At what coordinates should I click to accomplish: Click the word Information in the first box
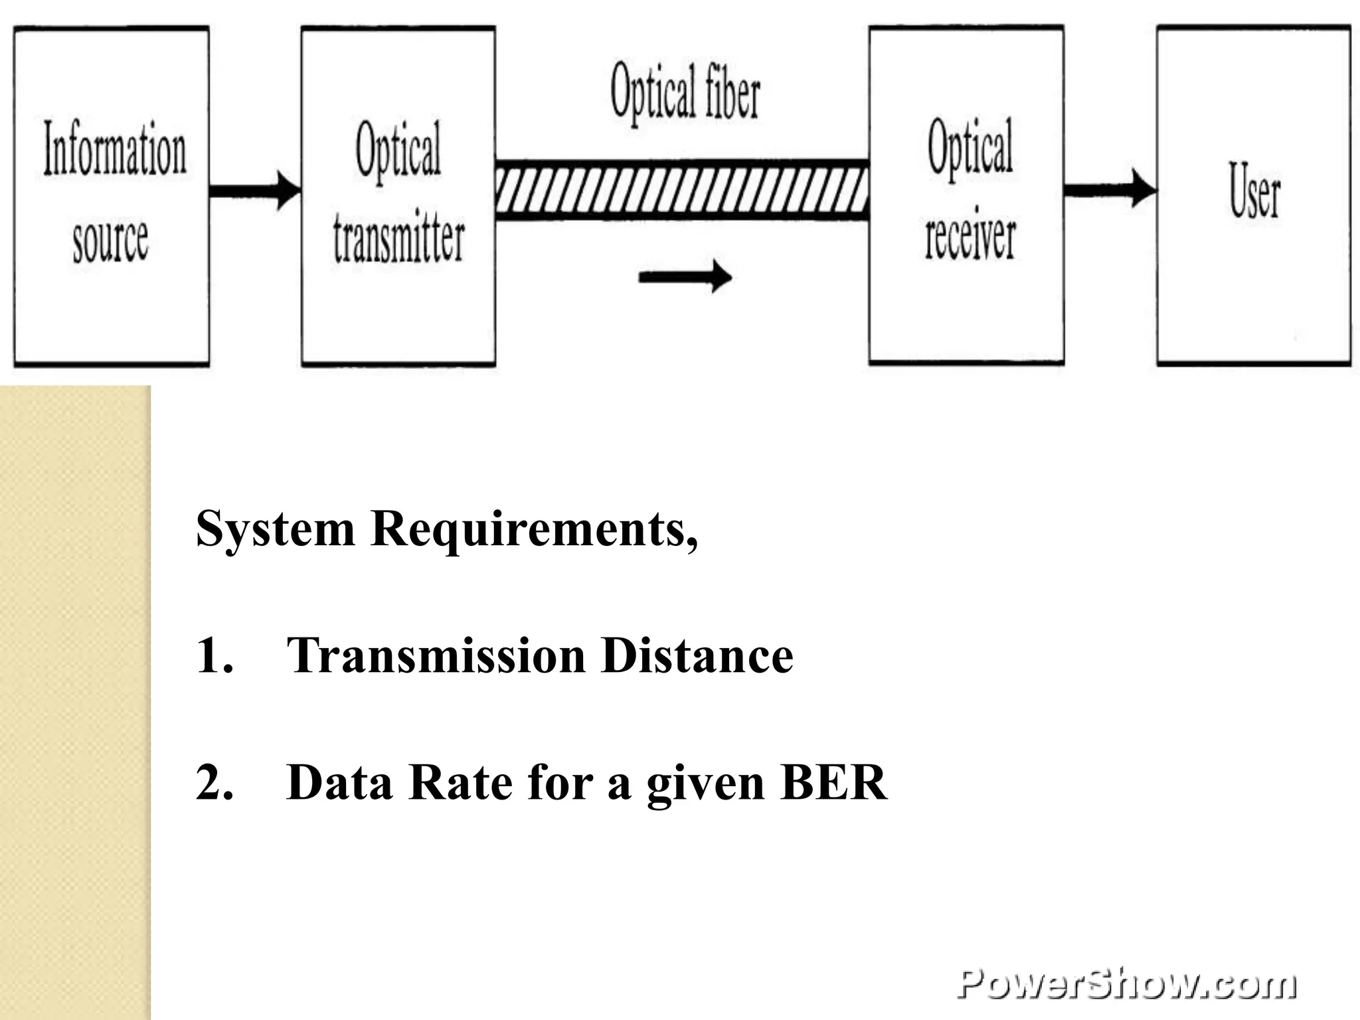114,149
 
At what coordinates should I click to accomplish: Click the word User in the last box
1254,191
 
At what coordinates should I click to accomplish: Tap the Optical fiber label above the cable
685,93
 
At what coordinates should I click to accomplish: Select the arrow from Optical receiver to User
1110,189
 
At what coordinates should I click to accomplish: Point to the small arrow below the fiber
685,276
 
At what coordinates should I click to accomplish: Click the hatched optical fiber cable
682,190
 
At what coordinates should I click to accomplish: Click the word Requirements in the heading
534,530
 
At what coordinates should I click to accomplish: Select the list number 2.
214,783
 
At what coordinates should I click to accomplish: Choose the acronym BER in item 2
833,783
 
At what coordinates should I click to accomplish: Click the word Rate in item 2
460,783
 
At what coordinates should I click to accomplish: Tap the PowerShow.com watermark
1126,984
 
